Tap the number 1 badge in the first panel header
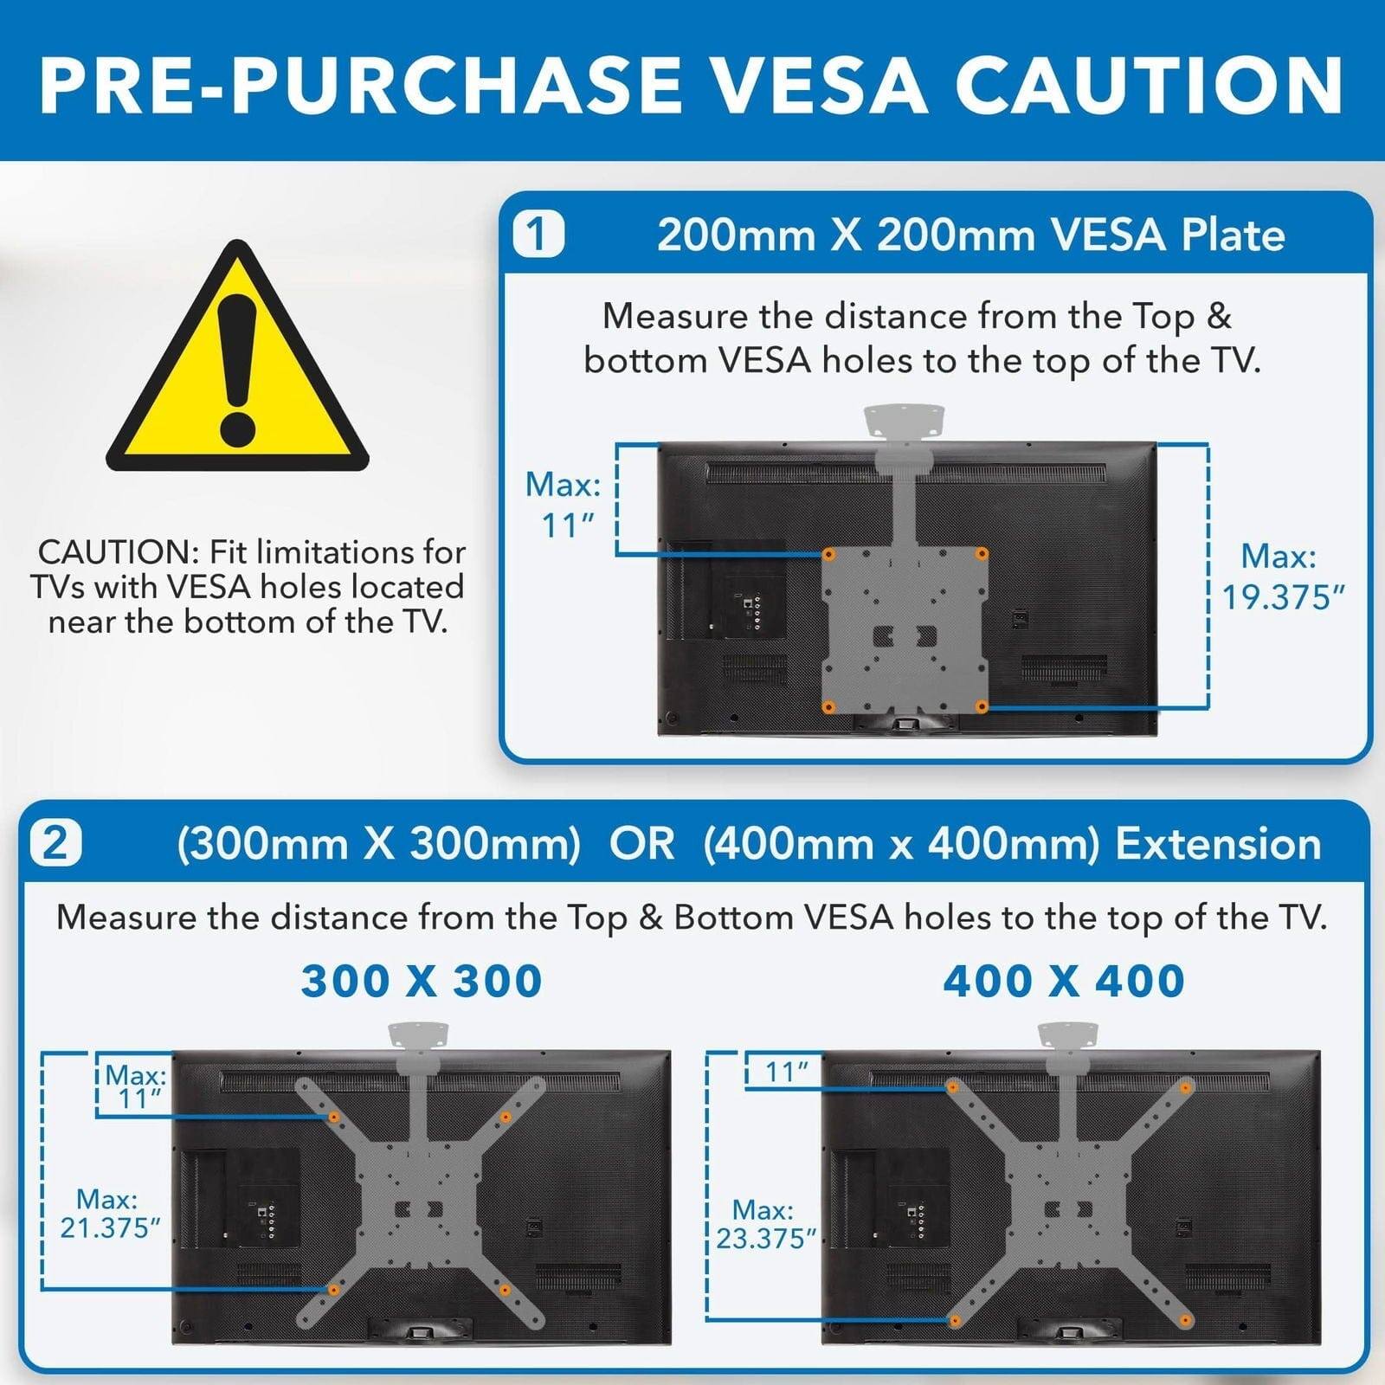tap(538, 235)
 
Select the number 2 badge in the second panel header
tap(55, 843)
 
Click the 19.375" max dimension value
tap(1283, 597)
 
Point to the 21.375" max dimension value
tap(110, 1227)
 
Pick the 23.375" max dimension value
tap(765, 1239)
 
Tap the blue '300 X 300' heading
tap(422, 981)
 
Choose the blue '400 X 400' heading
tap(1064, 981)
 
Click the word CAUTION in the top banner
tap(1149, 85)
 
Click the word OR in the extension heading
tap(641, 844)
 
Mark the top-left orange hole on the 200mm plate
tap(828, 554)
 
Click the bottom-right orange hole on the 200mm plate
tap(981, 707)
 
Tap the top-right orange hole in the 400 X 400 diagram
tap(1186, 1087)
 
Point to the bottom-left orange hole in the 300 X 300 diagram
tap(333, 1291)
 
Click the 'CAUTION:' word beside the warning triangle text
tap(119, 552)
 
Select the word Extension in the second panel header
tap(1218, 844)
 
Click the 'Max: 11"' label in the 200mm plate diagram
tap(564, 505)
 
